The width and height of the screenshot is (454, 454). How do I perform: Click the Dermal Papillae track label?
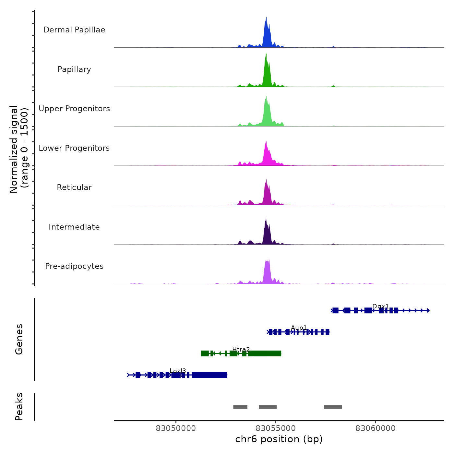74,30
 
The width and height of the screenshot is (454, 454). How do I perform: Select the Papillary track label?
74,69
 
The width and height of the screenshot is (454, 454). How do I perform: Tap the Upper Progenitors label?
74,109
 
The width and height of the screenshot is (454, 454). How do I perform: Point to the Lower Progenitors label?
74,148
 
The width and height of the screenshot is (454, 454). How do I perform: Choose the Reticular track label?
74,187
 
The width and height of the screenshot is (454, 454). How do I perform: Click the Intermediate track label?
74,227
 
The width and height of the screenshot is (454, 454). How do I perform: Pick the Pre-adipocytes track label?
74,266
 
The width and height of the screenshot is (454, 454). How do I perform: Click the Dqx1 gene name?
380,306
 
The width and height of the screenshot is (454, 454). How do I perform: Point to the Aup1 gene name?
299,328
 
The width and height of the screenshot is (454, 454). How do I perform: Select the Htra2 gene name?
241,349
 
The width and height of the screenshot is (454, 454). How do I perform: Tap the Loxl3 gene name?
178,371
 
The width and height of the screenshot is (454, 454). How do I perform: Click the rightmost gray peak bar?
333,407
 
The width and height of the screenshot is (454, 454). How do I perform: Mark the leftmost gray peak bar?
240,407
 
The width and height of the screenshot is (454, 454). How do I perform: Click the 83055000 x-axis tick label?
276,428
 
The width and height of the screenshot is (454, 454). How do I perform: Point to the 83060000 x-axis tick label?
376,428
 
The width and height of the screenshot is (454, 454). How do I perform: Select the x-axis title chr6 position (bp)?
279,439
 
